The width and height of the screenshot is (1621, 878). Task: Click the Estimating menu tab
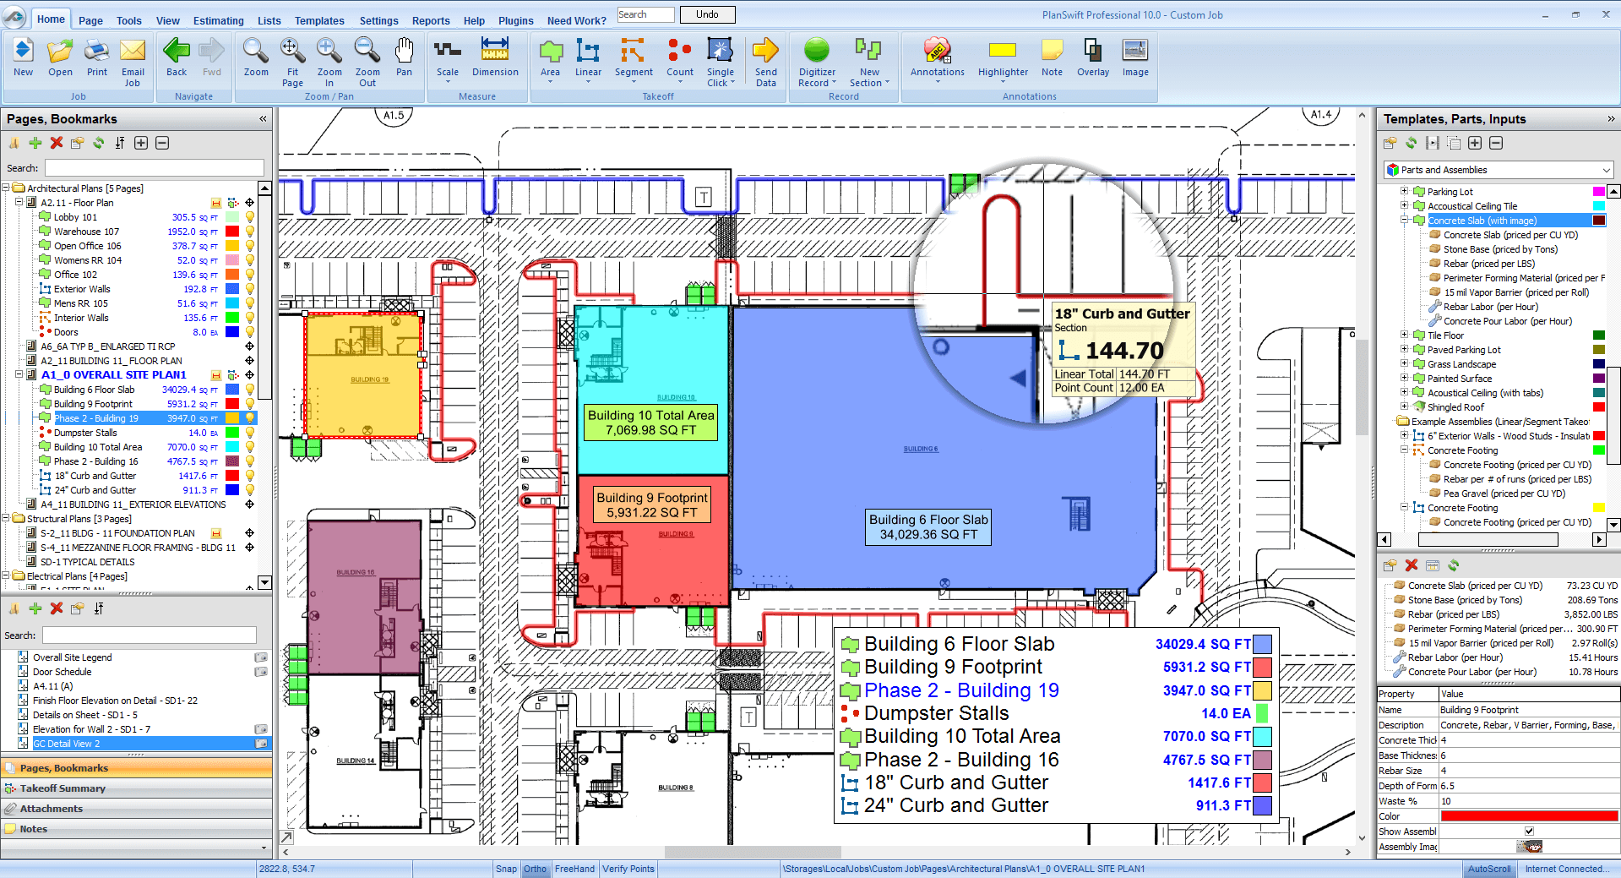point(218,20)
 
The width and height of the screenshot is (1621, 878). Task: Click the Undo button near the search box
point(707,14)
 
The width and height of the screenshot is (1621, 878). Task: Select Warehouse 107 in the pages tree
point(86,232)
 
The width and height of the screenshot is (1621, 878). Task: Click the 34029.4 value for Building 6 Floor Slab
point(178,390)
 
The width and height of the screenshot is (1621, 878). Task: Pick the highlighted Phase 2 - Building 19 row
point(96,418)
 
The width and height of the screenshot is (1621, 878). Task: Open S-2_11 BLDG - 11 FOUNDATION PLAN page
point(117,533)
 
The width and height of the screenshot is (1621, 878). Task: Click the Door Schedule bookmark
point(62,672)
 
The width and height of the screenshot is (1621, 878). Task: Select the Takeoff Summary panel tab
point(63,788)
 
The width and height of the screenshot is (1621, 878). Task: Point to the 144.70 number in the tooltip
point(1124,351)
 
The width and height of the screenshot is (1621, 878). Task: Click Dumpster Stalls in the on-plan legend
point(936,713)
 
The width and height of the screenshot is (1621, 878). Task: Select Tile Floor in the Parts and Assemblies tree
point(1445,335)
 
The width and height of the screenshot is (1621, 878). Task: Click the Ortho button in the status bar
point(535,869)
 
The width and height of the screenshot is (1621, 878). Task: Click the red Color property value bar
point(1529,816)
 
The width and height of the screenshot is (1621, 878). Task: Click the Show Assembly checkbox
point(1529,832)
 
